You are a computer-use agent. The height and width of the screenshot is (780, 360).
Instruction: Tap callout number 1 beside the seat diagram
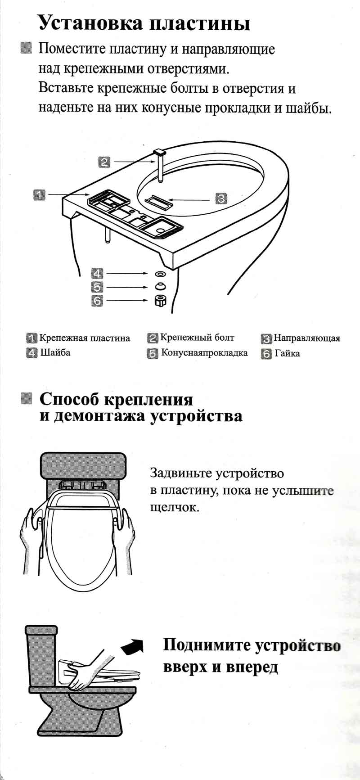pos(39,195)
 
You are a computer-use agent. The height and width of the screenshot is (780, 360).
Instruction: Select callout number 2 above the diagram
pos(103,162)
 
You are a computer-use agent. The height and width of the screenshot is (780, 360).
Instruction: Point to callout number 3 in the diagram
pos(220,198)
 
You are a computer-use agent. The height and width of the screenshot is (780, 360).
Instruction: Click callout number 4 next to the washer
pos(97,273)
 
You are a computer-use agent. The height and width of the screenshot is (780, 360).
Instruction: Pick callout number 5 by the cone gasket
pos(97,287)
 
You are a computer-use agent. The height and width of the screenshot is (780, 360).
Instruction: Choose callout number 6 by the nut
pos(97,301)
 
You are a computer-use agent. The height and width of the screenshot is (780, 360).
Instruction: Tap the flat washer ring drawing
pos(160,274)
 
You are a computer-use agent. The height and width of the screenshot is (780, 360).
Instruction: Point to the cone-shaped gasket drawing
pos(160,286)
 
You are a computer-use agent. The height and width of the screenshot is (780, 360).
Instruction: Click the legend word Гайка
pos(287,353)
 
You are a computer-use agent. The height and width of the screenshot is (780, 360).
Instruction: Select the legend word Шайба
pos(55,352)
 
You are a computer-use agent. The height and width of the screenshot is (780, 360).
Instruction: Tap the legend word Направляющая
pos(307,338)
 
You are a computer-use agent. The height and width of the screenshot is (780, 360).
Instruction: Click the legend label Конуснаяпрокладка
pos(205,352)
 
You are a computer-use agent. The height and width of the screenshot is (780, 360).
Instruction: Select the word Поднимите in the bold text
pos(207,645)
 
